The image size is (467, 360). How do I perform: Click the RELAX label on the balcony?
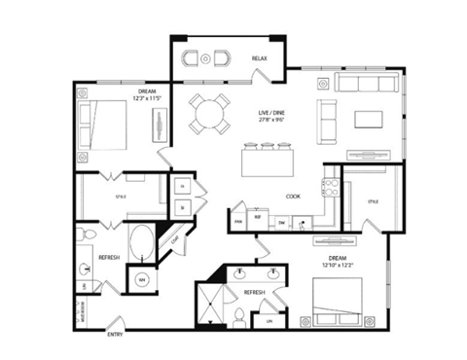259,59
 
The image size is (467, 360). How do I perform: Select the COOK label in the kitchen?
293,196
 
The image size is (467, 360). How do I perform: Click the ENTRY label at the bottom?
118,335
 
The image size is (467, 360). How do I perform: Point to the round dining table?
210,113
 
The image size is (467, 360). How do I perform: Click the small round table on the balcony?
205,59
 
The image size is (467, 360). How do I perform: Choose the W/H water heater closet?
141,279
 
